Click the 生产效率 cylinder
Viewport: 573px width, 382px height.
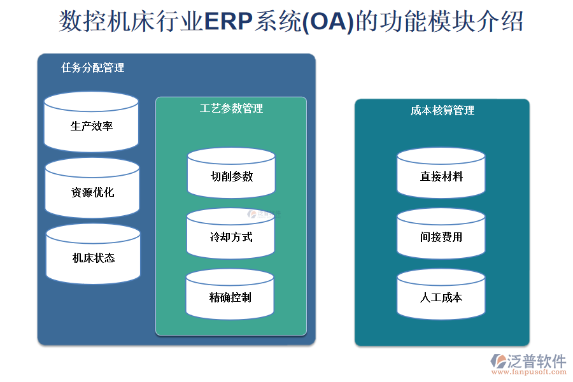pyautogui.click(x=92, y=125)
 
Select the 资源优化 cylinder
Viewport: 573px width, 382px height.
pyautogui.click(x=92, y=192)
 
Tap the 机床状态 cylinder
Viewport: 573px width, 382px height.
pyautogui.click(x=93, y=257)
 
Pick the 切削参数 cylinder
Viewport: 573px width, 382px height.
pyautogui.click(x=231, y=176)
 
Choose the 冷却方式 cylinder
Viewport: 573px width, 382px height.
pyautogui.click(x=230, y=236)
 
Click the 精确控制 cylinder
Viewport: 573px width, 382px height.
pyautogui.click(x=230, y=297)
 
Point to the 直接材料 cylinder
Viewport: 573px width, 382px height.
pyautogui.click(x=441, y=176)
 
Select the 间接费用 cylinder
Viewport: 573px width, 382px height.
pyautogui.click(x=441, y=236)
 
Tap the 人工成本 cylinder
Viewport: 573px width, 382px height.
pyautogui.click(x=441, y=297)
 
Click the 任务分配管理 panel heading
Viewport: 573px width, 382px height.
pyautogui.click(x=93, y=67)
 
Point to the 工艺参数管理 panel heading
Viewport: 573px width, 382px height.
pyautogui.click(x=231, y=108)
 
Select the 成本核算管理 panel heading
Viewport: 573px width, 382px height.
pyautogui.click(x=442, y=110)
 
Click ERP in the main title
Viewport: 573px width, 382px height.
pyautogui.click(x=227, y=21)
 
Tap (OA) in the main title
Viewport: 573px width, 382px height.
pyautogui.click(x=327, y=21)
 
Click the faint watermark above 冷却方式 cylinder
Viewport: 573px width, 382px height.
pyautogui.click(x=264, y=215)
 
